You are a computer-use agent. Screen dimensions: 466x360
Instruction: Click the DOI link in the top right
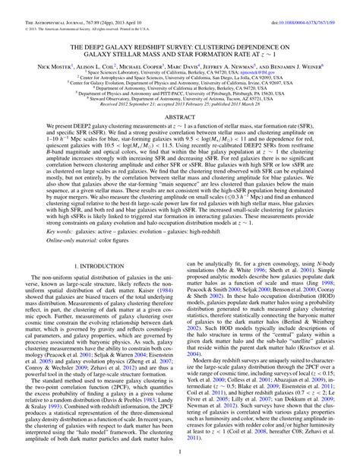[x=307, y=8]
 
